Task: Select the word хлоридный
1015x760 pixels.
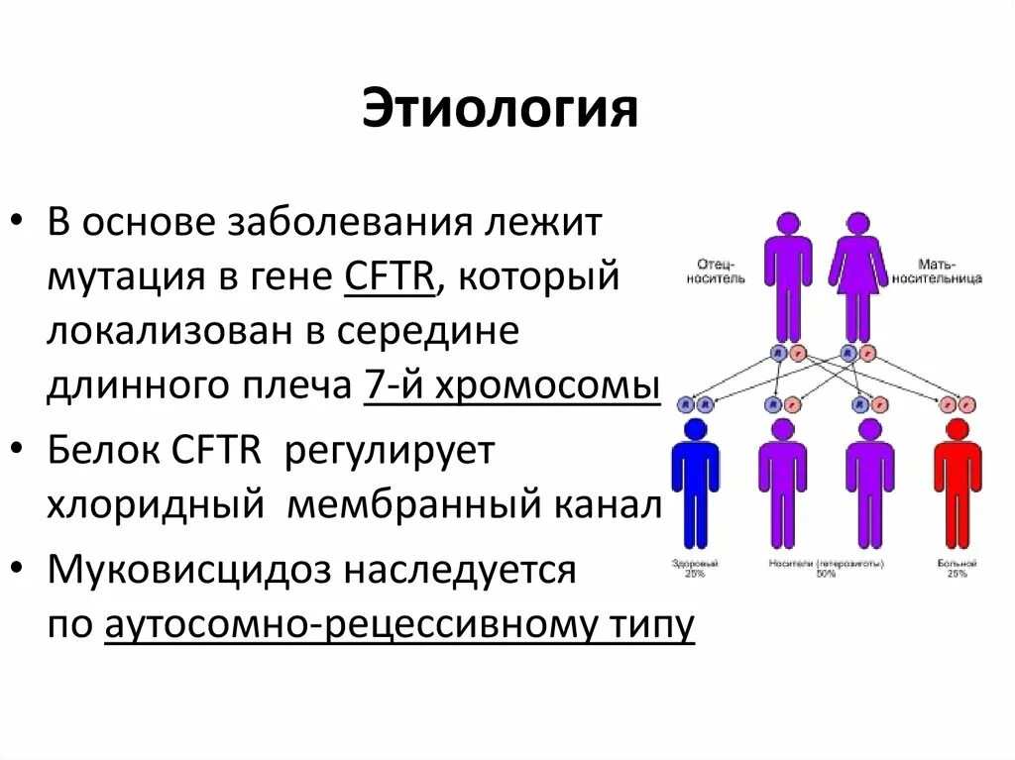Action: tap(155, 505)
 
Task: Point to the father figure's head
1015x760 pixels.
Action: tap(788, 222)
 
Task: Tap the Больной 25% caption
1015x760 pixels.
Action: tap(957, 568)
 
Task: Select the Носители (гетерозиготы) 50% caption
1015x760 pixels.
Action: tap(825, 568)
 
